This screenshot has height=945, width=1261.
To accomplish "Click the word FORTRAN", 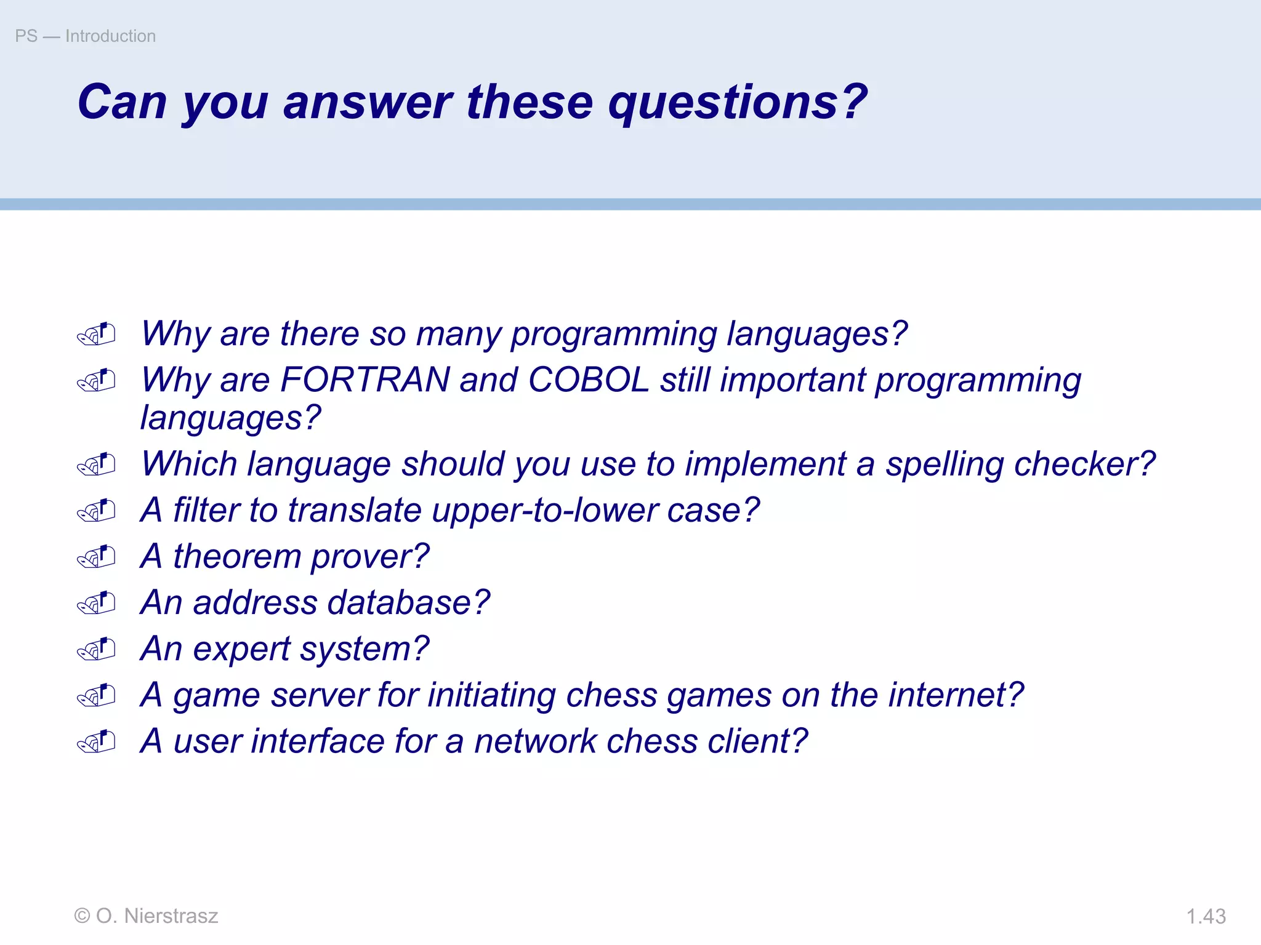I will [365, 380].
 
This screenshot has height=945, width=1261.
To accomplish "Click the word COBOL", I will [588, 380].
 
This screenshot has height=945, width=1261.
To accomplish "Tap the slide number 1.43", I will [1206, 916].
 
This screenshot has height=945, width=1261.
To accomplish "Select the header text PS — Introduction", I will [86, 36].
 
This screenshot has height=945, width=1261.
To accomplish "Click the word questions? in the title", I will [738, 102].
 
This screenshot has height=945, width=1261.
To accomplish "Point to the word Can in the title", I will [122, 102].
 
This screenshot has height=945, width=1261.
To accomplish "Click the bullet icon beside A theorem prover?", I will [97, 557].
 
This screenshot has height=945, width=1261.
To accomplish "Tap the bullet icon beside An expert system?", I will [97, 650].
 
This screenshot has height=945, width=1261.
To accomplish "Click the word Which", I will [188, 465].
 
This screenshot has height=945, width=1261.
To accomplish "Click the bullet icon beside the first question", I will [97, 335].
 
